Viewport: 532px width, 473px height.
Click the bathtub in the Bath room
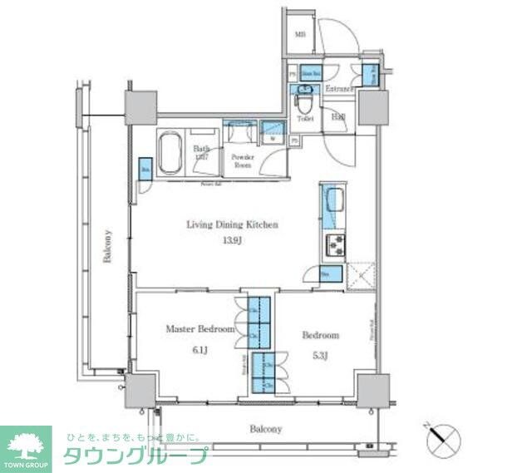coord(170,153)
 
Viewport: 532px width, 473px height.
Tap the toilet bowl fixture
coord(305,104)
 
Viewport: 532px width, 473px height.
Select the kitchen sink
coord(334,201)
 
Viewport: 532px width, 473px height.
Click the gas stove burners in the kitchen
coord(336,245)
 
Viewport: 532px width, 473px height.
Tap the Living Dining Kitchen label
coord(231,224)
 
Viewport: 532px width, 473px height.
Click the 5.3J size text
coord(319,356)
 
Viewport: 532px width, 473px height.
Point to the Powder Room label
coord(242,160)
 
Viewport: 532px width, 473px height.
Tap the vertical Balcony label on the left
coord(107,246)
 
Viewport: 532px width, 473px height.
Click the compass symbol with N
coord(442,438)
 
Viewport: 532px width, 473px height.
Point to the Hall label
coord(339,118)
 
